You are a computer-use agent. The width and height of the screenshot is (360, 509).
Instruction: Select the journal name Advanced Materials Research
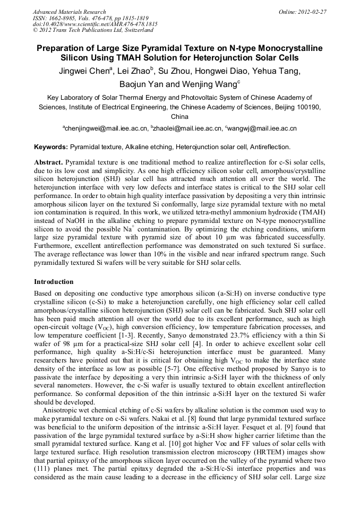tap(69, 12)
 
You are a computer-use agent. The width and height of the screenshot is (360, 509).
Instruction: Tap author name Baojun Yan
tap(141, 84)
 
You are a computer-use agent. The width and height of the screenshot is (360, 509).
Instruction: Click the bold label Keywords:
tap(51, 146)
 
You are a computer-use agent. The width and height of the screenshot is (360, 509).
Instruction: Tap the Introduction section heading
tap(54, 282)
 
